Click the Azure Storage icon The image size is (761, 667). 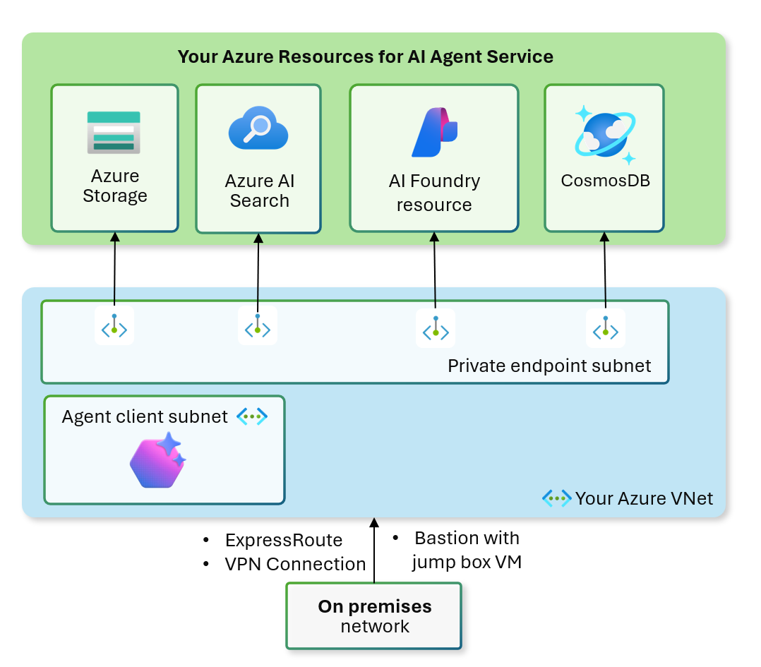pos(114,132)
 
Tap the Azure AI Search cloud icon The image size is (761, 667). pos(258,131)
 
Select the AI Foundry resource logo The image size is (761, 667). pos(434,133)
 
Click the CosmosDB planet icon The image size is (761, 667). pos(604,133)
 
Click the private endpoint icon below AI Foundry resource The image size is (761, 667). pos(436,328)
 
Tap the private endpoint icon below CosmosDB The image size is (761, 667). pos(606,328)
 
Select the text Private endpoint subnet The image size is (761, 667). pos(549,366)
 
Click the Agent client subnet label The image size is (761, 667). pos(145,416)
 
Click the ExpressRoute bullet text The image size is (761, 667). pos(284,541)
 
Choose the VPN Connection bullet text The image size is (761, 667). pos(295,564)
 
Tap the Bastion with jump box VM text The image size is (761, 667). pos(467,550)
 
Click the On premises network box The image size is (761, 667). pos(374,615)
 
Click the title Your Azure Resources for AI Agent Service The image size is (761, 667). pos(365,56)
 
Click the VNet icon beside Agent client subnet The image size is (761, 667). pos(252,416)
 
